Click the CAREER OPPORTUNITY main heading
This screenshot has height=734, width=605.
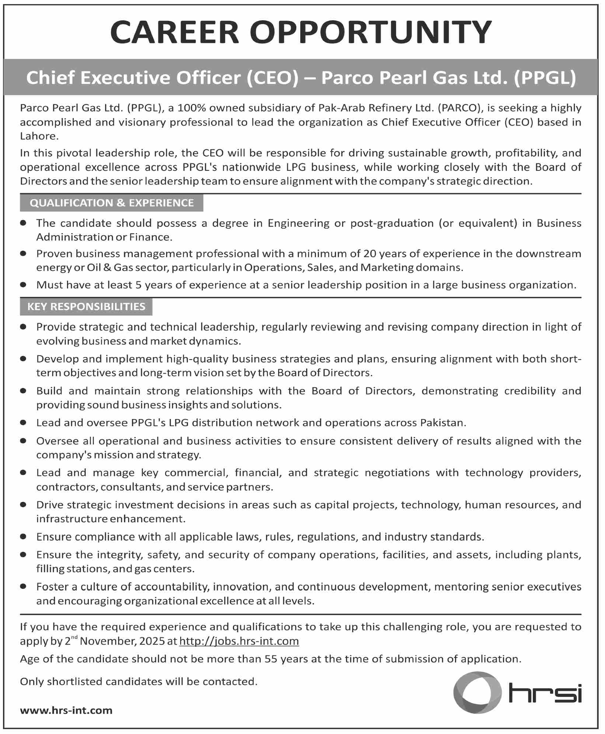point(301,32)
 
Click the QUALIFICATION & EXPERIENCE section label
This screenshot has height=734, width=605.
point(112,203)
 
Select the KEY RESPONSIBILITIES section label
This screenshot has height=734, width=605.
point(86,307)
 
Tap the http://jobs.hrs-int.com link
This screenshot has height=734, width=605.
point(239,641)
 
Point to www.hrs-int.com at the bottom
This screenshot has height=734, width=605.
point(66,710)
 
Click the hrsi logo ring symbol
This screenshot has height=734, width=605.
point(477,692)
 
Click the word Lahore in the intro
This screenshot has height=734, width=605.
point(39,136)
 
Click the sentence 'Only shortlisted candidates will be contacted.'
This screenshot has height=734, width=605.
point(139,681)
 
